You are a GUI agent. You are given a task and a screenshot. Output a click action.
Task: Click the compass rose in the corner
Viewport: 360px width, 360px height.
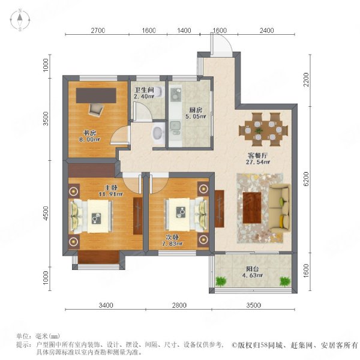(x=20, y=20)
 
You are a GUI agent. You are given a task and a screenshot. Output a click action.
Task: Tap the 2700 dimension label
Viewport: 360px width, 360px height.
(x=98, y=31)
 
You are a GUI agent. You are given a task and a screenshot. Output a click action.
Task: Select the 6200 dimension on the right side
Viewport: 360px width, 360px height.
(x=306, y=179)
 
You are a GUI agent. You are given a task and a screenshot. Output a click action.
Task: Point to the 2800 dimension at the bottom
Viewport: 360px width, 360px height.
(x=179, y=305)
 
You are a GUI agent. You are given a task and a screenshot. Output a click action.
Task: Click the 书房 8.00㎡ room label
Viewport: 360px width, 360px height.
(x=89, y=136)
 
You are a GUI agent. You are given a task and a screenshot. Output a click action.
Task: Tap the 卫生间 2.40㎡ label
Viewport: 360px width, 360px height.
(x=144, y=93)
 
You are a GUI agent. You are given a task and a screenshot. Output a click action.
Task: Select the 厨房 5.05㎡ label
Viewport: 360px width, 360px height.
(x=196, y=113)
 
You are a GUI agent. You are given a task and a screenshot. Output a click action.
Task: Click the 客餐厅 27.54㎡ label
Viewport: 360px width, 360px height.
(x=258, y=158)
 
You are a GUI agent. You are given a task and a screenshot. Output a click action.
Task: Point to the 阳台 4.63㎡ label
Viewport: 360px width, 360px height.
(x=253, y=272)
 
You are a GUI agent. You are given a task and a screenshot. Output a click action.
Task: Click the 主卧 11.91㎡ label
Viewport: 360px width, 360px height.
(x=111, y=191)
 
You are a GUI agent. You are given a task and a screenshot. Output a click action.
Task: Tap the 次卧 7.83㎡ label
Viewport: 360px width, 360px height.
(x=172, y=241)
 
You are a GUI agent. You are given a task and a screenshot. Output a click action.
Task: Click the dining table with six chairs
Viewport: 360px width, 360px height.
(x=263, y=130)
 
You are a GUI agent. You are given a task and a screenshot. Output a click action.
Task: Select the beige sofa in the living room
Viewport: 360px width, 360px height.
(x=280, y=208)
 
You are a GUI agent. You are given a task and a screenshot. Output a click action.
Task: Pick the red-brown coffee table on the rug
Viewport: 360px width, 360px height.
(x=252, y=208)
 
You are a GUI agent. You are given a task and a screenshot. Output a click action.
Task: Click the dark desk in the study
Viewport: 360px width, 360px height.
(x=96, y=95)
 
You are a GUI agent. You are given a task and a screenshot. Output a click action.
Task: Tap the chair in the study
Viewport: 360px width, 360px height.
(x=96, y=110)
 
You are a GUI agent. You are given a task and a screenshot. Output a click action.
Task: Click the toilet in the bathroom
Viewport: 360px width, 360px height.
(x=159, y=92)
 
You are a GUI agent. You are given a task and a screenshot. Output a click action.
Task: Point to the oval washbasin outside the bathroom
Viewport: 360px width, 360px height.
(x=158, y=133)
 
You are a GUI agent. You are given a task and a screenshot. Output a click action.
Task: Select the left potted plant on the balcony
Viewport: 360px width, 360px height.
(x=221, y=281)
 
